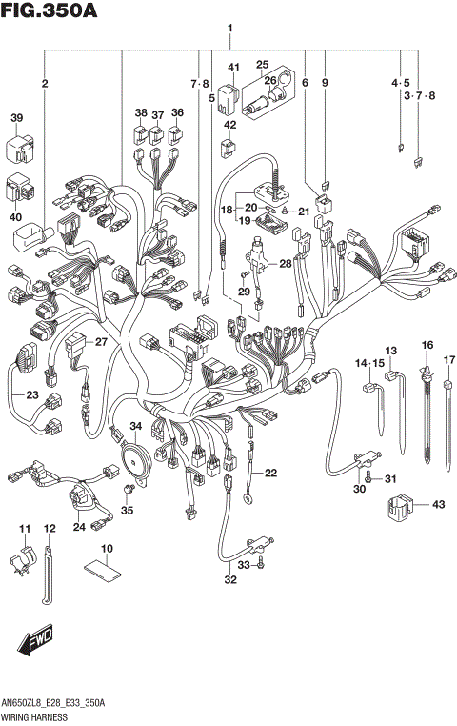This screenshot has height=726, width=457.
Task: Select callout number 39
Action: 16,118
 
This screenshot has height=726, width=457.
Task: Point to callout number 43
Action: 438,504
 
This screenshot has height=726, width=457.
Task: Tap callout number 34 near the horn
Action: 136,426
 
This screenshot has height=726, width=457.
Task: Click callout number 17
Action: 449,359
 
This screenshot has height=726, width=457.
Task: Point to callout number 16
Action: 427,345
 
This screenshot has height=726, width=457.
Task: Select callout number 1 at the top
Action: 230,29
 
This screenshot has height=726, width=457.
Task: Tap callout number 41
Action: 231,66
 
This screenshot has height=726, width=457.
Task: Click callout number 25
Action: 262,64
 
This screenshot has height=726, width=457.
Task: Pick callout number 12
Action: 50,528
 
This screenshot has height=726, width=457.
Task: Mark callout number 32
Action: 229,579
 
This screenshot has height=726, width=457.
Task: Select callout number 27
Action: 102,341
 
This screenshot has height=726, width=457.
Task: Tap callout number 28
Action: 285,263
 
